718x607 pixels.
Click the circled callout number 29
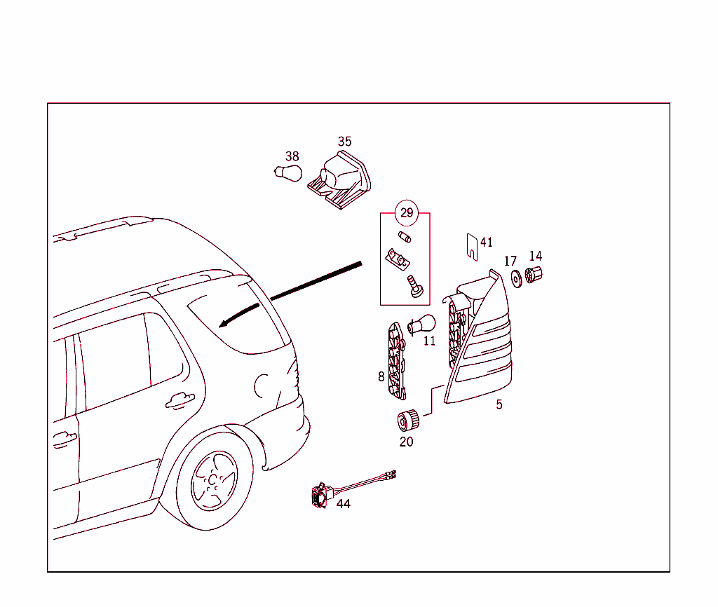point(407,212)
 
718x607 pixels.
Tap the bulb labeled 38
point(288,172)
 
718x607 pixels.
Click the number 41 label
point(487,243)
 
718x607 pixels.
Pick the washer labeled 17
point(515,278)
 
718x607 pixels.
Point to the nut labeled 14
point(534,276)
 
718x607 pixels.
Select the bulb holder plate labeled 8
point(397,360)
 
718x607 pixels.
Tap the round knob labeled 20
point(407,421)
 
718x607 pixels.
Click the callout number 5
point(499,404)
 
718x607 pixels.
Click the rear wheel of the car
point(213,479)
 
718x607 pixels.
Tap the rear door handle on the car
point(180,400)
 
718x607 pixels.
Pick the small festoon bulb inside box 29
point(405,237)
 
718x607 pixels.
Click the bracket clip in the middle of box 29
point(396,259)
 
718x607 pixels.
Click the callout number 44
point(344,503)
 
